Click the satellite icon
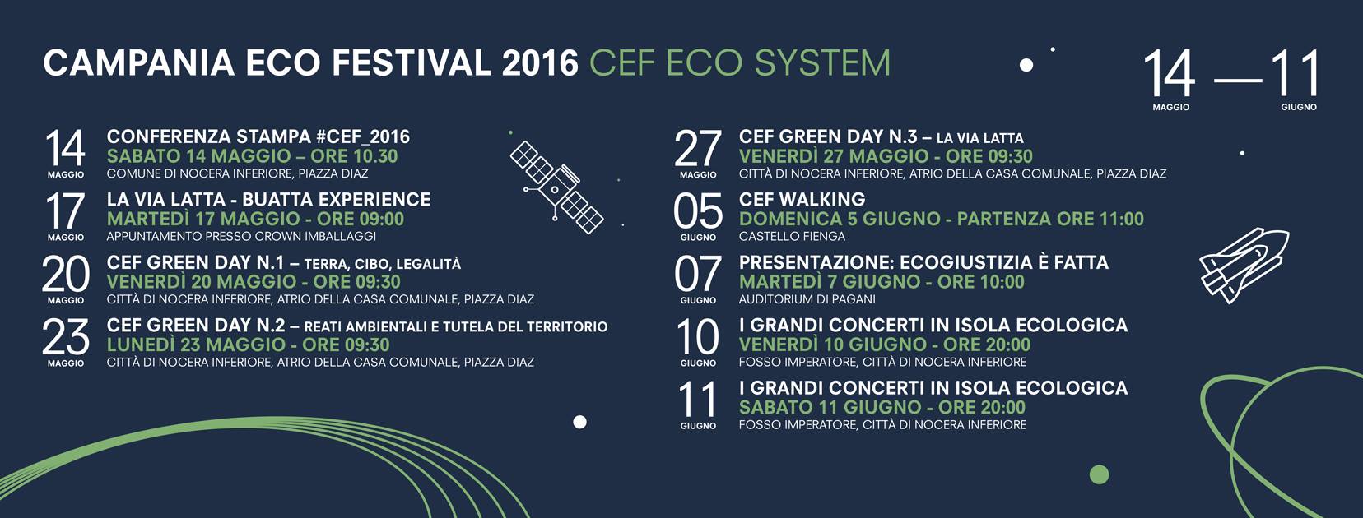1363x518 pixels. pyautogui.click(x=556, y=187)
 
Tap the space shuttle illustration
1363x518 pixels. pyautogui.click(x=1244, y=266)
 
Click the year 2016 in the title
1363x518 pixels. pyautogui.click(x=540, y=63)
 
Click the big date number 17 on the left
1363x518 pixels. pyautogui.click(x=65, y=211)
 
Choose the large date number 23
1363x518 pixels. pyautogui.click(x=66, y=337)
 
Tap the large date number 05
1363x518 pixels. pyautogui.click(x=698, y=211)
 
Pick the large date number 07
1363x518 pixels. pyautogui.click(x=698, y=274)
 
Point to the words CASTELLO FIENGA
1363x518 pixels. pyautogui.click(x=792, y=236)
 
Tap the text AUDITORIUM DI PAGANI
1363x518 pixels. pyautogui.click(x=807, y=299)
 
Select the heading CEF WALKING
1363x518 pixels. pyautogui.click(x=802, y=200)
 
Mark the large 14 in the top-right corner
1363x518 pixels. pyautogui.click(x=1169, y=73)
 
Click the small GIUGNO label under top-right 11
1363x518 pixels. pyautogui.click(x=1299, y=107)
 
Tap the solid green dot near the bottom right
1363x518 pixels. pyautogui.click(x=1099, y=474)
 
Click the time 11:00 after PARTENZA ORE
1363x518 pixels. pyautogui.click(x=1122, y=219)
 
